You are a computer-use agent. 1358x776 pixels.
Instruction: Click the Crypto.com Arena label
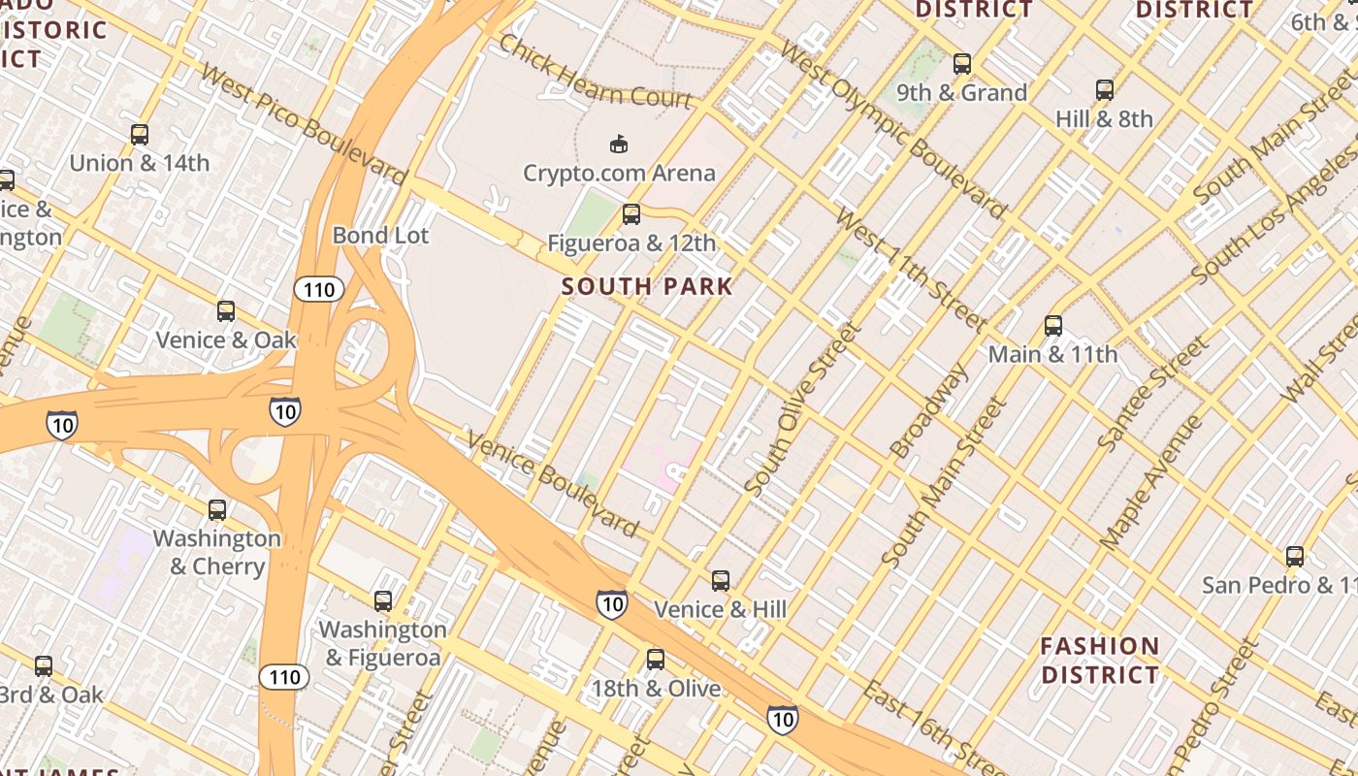tap(619, 174)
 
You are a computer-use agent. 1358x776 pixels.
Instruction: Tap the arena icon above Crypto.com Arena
tap(618, 145)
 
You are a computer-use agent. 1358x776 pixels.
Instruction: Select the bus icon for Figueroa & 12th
tap(631, 214)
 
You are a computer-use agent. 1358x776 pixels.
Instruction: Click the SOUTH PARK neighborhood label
tap(647, 286)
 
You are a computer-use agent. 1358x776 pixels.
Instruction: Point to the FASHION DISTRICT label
tap(1099, 661)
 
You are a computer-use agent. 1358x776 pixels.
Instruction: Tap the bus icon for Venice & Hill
tap(720, 581)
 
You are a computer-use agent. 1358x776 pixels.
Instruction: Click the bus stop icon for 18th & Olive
tap(656, 661)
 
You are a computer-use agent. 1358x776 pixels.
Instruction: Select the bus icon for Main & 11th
tap(1052, 326)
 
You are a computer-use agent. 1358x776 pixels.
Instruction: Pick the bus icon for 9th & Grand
tap(961, 64)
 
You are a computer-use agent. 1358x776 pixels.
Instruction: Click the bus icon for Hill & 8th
tap(1104, 90)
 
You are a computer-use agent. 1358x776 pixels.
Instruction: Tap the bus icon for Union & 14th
tap(140, 135)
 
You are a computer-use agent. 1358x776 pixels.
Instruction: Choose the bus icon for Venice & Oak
tap(226, 311)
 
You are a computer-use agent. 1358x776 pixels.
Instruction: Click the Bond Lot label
tap(380, 235)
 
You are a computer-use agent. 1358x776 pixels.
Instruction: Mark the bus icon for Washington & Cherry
tap(217, 510)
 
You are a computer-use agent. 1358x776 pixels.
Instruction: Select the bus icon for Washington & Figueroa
tap(383, 601)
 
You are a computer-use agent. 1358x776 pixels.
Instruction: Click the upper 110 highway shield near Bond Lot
tap(319, 289)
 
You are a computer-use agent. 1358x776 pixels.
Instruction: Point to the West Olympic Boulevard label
tap(893, 130)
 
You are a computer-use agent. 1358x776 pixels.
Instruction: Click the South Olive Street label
tap(802, 411)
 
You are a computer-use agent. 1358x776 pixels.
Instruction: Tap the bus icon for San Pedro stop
tap(1294, 557)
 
